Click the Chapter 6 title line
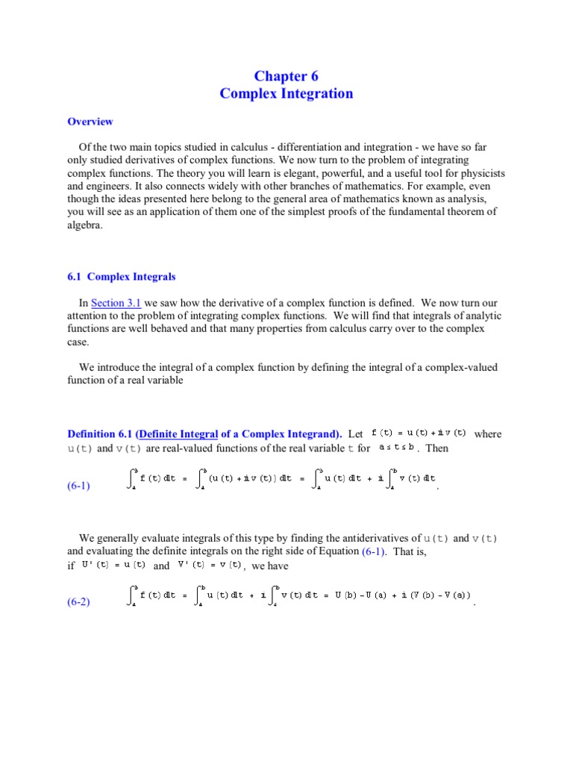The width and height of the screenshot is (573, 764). coord(286,75)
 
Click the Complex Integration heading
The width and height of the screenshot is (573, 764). coord(286,93)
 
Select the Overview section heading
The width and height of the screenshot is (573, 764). coord(90,122)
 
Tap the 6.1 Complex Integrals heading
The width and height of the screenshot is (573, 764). coord(122,277)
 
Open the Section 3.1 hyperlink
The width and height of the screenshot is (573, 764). coord(116,303)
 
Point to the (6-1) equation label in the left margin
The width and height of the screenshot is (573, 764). coord(78,486)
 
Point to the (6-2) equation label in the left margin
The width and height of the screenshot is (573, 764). coord(78,602)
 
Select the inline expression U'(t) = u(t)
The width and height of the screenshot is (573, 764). coord(114,566)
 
